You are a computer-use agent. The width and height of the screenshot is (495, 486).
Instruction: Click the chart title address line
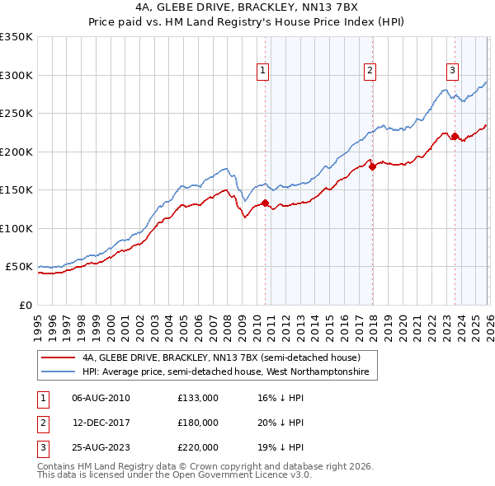coord(247,7)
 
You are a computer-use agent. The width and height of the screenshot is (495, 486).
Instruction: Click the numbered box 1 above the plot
coord(262,72)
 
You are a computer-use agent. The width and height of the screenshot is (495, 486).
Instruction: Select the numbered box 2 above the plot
coord(370,72)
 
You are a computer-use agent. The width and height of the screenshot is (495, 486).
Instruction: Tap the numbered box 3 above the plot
coord(453,72)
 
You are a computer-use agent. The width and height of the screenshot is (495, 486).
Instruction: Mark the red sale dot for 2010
coord(265,203)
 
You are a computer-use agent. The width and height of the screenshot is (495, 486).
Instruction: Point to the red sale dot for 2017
coord(372,166)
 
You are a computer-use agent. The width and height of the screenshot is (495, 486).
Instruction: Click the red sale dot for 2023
coord(455,136)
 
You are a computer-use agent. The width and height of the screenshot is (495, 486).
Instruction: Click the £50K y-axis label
coord(19,267)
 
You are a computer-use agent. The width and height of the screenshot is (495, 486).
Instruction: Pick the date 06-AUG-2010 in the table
coord(101,398)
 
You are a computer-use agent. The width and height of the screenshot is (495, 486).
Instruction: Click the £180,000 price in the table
coord(197,423)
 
